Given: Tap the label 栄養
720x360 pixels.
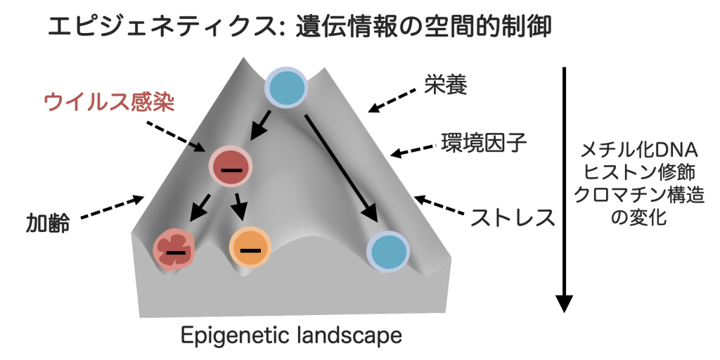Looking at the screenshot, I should tap(445, 85).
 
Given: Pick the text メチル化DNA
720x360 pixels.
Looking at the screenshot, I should tap(638, 150).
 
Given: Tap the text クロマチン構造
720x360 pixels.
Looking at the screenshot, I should tap(638, 195).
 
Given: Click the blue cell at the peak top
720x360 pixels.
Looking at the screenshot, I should tap(286, 89).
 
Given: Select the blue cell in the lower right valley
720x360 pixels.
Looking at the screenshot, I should tap(387, 250).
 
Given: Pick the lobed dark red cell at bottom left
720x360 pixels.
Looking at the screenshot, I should tap(175, 248).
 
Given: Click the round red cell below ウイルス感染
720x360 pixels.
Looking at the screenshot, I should tap(230, 167).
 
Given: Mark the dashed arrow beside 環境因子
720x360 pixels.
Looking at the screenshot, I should tap(415, 150).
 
